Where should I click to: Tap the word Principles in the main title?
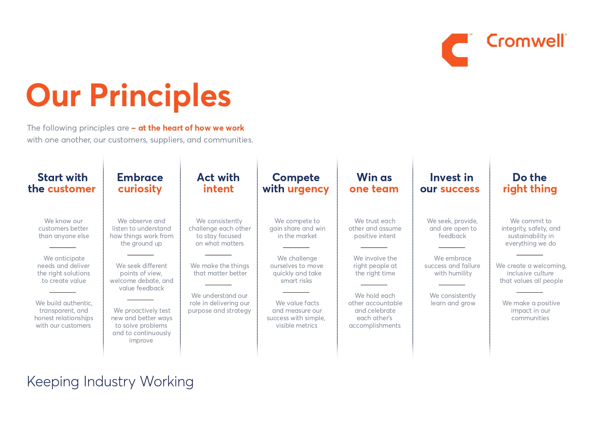160,96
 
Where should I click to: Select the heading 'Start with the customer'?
62,183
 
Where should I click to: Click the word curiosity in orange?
140,189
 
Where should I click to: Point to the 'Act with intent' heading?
218,183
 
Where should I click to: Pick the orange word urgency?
308,189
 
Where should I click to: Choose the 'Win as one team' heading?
374,183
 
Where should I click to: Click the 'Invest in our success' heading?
450,183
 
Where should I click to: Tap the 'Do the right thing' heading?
530,183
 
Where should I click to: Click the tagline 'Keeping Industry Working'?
110,382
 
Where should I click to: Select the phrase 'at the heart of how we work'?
191,128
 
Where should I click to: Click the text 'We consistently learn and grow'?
453,299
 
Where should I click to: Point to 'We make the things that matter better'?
220,269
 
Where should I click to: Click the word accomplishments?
375,326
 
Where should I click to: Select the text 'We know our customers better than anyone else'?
64,228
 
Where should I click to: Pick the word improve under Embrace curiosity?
141,341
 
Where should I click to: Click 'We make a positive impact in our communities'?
531,310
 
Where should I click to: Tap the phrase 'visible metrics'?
297,326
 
